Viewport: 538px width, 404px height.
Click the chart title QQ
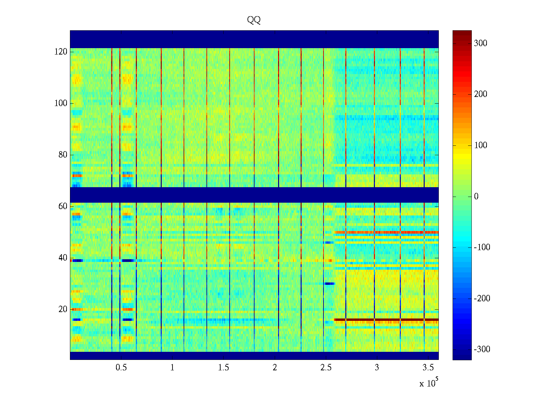point(254,20)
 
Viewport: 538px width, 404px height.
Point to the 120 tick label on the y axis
point(61,52)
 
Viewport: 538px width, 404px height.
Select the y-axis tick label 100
point(61,103)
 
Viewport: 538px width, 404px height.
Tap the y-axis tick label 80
point(63,155)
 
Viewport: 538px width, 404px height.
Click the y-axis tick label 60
point(63,206)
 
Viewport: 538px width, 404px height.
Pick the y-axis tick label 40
point(63,258)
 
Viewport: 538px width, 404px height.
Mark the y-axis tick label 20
point(63,309)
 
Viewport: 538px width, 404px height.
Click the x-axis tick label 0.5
point(121,368)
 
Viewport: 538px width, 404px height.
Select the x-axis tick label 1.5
point(224,368)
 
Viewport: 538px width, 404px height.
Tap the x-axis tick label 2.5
point(326,368)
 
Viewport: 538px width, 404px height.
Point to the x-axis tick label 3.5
point(428,368)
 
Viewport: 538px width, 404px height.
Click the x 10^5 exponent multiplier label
point(429,383)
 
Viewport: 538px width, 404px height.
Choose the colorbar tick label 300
point(480,43)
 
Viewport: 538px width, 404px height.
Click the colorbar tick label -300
point(482,349)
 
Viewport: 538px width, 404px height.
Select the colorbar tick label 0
point(476,197)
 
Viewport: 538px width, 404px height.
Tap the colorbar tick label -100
point(482,247)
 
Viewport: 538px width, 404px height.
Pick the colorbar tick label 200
point(480,94)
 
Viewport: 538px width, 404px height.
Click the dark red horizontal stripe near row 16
point(387,319)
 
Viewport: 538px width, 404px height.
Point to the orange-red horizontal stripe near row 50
point(387,232)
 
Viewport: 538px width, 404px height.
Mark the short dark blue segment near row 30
point(329,283)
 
